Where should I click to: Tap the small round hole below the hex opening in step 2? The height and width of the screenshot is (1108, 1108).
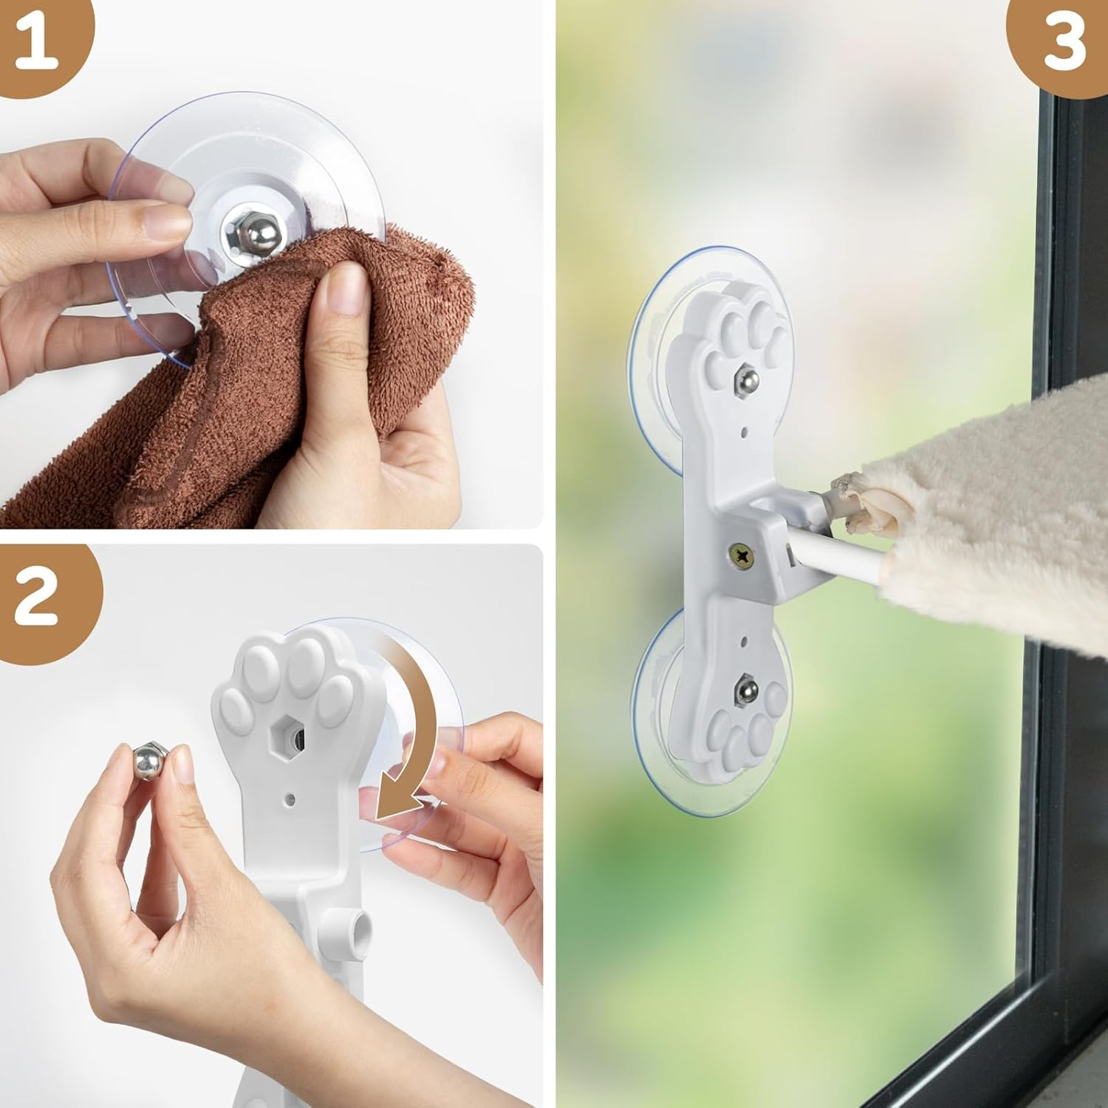[x=290, y=798]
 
